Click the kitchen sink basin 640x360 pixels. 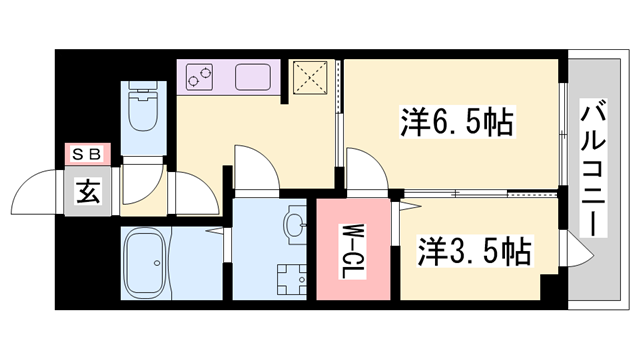(254, 74)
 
